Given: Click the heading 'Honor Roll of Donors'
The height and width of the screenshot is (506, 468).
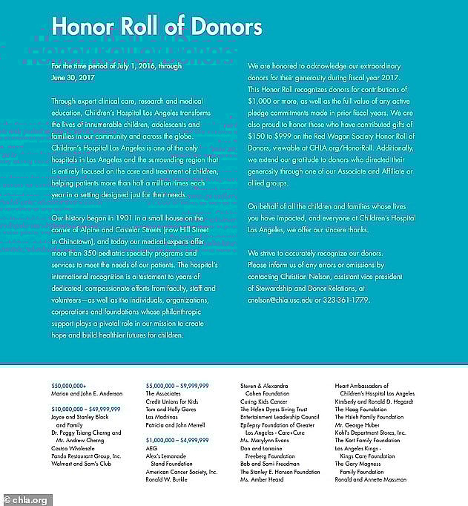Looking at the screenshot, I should (x=157, y=27).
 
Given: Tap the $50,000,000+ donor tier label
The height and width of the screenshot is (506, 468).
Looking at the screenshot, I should (x=69, y=386).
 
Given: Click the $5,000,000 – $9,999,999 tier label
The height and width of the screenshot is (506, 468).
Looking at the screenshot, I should (x=177, y=386).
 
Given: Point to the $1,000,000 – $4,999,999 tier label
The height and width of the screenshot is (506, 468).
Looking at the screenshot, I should (x=177, y=440).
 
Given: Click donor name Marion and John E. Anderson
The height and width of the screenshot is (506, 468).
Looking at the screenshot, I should (x=85, y=394).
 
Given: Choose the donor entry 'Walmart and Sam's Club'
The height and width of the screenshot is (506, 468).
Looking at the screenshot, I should (x=83, y=472).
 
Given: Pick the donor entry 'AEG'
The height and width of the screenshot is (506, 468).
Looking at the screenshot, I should (x=151, y=448).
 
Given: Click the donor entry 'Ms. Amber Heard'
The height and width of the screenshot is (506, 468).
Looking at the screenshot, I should (x=261, y=479).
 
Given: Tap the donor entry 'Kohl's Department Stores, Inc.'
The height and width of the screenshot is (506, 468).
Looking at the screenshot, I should (x=371, y=433).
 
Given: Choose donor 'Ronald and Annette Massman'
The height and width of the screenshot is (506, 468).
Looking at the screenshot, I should (x=371, y=479).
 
